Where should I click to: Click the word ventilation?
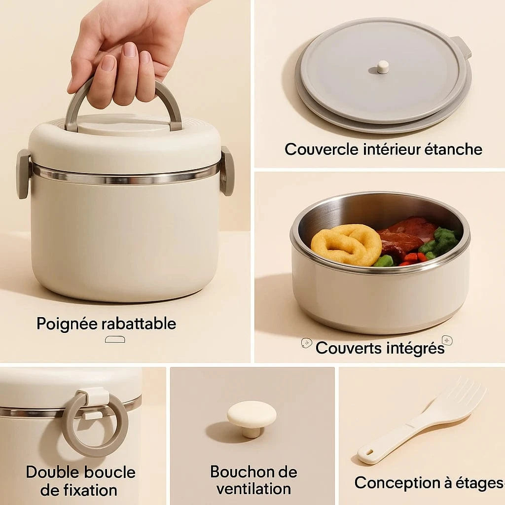point(253,489)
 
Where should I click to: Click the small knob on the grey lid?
point(383,67)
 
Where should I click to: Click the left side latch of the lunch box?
point(23,174)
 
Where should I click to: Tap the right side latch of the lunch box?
point(227,171)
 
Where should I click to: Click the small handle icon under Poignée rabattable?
point(115,339)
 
